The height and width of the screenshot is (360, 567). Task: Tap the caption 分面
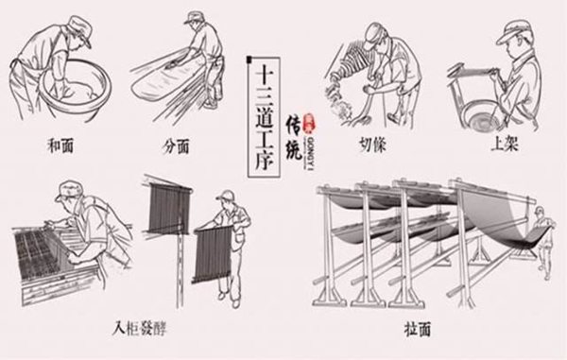click(176, 147)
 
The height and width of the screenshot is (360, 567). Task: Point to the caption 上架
click(497, 147)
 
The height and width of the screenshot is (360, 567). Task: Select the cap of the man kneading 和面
click(78, 31)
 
